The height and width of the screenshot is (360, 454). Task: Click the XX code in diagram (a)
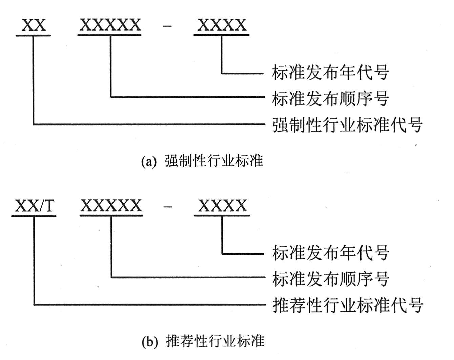[34, 25]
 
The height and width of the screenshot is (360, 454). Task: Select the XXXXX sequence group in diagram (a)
[110, 25]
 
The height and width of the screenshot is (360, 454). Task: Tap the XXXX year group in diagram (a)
[222, 25]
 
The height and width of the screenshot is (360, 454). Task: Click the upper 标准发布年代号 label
[330, 73]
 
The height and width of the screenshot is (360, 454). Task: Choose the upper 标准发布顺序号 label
[330, 98]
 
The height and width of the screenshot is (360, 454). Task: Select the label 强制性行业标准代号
[348, 124]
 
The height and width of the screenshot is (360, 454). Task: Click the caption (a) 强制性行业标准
[202, 161]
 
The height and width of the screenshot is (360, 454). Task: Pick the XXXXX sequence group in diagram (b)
[111, 205]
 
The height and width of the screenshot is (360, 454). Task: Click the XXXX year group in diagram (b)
[222, 205]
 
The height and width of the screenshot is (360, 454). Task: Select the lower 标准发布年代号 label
[331, 253]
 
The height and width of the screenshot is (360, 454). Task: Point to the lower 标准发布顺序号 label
[331, 279]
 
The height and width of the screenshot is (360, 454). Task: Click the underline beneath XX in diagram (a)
[33, 35]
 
